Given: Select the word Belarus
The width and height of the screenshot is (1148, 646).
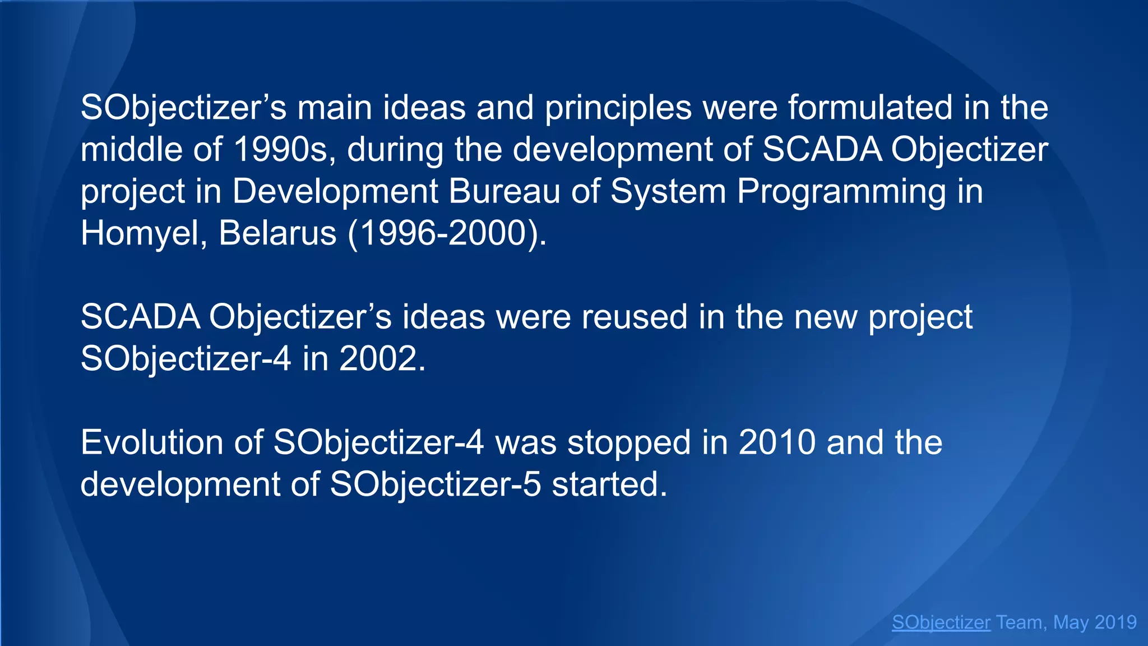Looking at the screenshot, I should click(x=277, y=233).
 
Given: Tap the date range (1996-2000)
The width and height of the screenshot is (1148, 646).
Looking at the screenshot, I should click(x=447, y=233).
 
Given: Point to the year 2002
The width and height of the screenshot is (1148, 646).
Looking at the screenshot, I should click(x=382, y=359).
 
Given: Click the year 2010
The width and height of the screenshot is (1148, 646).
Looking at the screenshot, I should click(x=777, y=442).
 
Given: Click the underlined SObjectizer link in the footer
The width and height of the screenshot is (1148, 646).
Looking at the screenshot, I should click(x=941, y=622).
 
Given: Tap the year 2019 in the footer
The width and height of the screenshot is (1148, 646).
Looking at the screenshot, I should click(x=1115, y=622).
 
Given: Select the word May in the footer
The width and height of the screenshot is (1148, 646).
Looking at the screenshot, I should click(x=1071, y=622).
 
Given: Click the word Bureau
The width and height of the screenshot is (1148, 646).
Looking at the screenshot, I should click(x=504, y=192).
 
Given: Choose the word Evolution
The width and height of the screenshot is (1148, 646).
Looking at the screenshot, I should click(x=152, y=442).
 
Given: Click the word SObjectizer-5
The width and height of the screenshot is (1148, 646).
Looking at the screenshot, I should click(x=435, y=484).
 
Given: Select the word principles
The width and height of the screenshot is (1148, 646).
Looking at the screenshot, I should click(x=618, y=108).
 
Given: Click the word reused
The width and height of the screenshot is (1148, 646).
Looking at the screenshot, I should click(x=634, y=317).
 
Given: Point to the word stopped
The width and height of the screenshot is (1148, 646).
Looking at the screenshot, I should click(x=629, y=442).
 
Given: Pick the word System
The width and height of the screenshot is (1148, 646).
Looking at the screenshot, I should click(x=668, y=192).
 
